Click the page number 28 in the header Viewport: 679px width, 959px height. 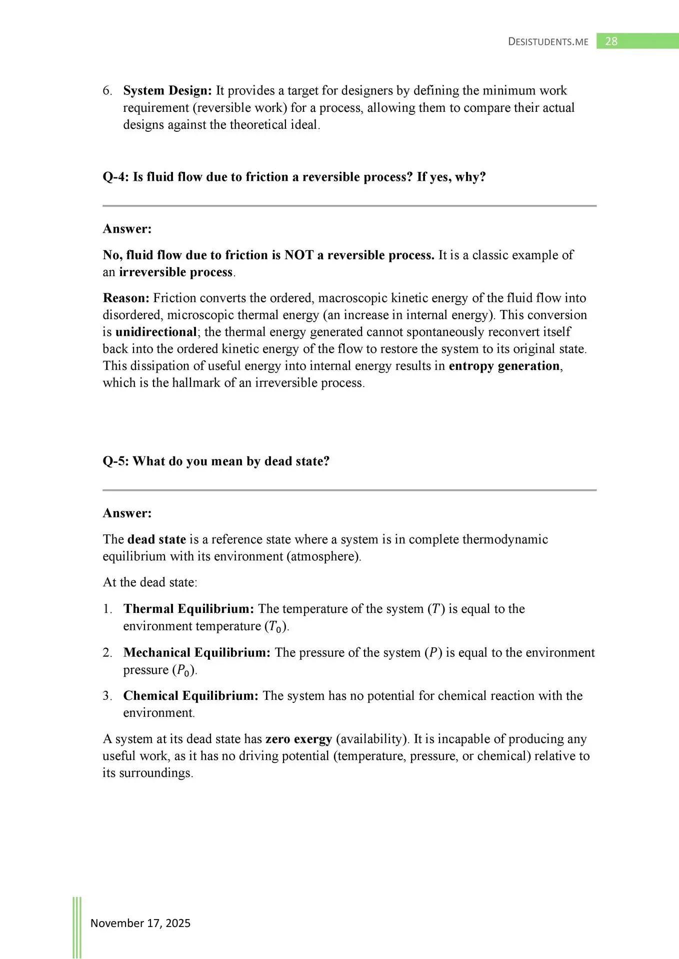(611, 41)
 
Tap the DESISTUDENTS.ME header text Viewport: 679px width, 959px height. (548, 42)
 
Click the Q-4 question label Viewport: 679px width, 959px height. (115, 177)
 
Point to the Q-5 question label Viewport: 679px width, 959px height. (115, 461)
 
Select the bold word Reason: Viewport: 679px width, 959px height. (126, 298)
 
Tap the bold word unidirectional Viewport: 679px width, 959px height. (156, 332)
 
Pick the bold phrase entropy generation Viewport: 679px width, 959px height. (504, 366)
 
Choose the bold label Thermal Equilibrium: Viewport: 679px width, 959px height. (188, 609)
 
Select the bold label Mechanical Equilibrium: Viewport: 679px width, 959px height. (197, 653)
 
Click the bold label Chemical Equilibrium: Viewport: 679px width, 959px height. (190, 696)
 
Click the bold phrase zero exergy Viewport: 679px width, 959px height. (298, 739)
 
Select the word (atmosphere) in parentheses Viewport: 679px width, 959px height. (323, 556)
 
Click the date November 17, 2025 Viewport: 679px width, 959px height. (140, 923)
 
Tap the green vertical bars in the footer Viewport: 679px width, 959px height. (77, 927)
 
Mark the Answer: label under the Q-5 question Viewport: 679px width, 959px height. (127, 513)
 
